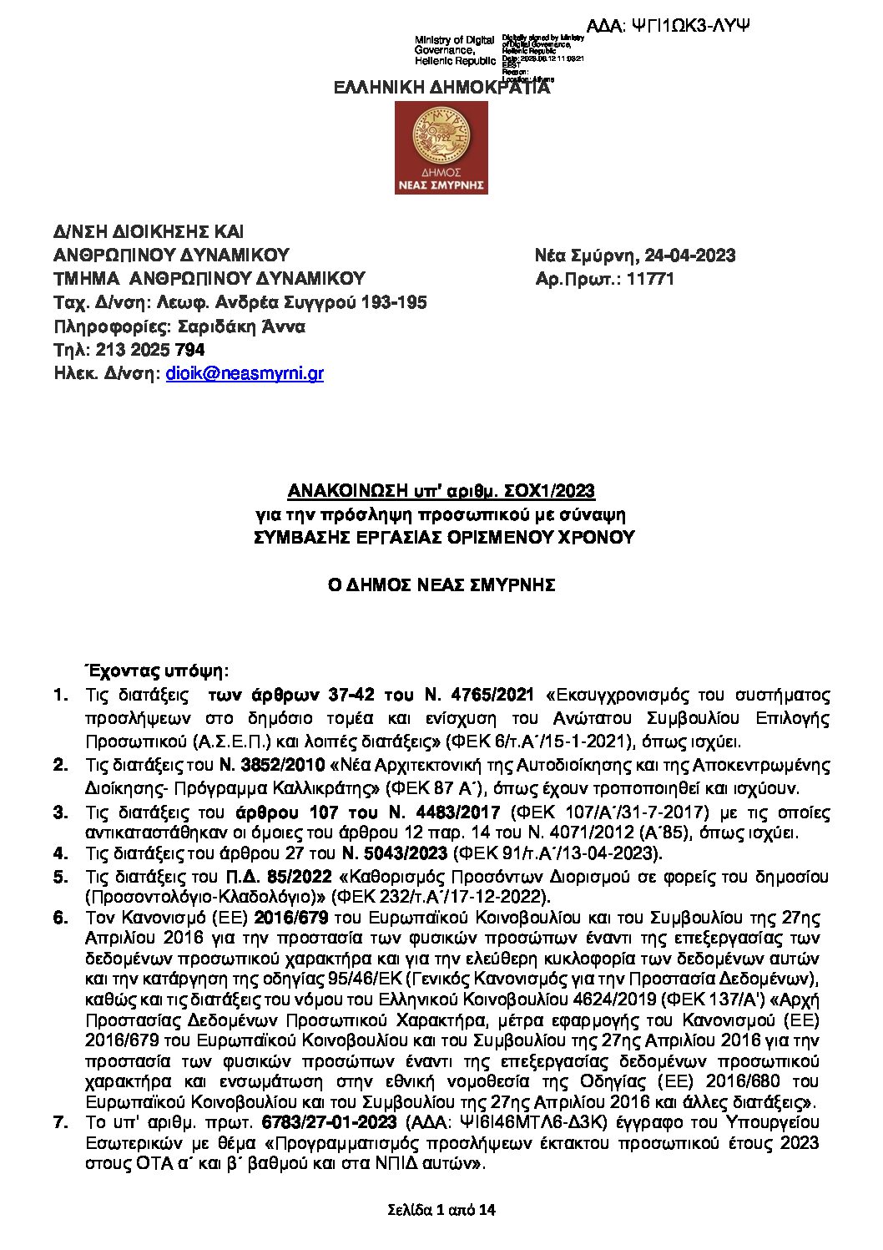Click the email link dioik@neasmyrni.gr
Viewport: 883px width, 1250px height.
click(245, 374)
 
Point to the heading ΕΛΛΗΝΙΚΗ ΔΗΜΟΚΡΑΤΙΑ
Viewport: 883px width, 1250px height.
click(441, 88)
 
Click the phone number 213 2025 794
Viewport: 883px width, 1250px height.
click(150, 350)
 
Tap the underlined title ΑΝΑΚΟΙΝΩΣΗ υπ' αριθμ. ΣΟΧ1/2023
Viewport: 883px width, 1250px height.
click(441, 490)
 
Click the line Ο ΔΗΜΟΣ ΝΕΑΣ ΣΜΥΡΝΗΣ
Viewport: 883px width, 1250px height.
click(441, 585)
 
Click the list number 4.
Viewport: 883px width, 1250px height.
click(60, 853)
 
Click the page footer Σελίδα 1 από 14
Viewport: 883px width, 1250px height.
click(441, 1209)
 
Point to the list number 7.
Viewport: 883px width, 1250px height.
click(60, 1121)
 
